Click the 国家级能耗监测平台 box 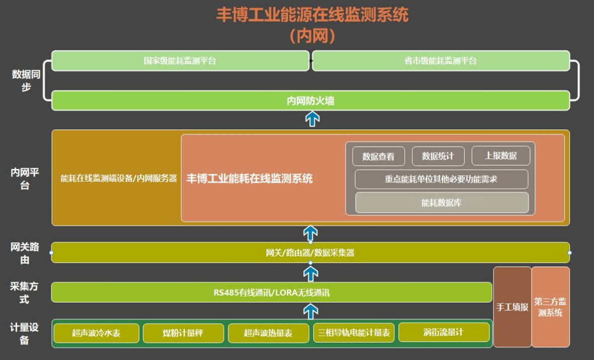[x=180, y=61]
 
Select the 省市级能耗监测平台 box [x=441, y=61]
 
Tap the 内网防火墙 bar [x=310, y=101]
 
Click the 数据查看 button [x=378, y=156]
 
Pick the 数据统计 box [x=438, y=156]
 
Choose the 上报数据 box [x=500, y=156]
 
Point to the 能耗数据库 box [x=442, y=203]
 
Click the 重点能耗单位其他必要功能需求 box [x=441, y=179]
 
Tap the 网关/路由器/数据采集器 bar [x=310, y=252]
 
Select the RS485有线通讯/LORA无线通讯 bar [x=272, y=292]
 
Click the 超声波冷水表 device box [x=96, y=333]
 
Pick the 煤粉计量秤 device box [x=183, y=333]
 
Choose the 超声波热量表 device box [x=268, y=333]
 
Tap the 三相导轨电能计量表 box [x=354, y=333]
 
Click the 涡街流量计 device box [x=444, y=332]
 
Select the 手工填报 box [x=512, y=307]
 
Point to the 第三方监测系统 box [x=550, y=307]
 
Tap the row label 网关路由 [x=25, y=253]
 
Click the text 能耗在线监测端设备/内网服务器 [x=119, y=178]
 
